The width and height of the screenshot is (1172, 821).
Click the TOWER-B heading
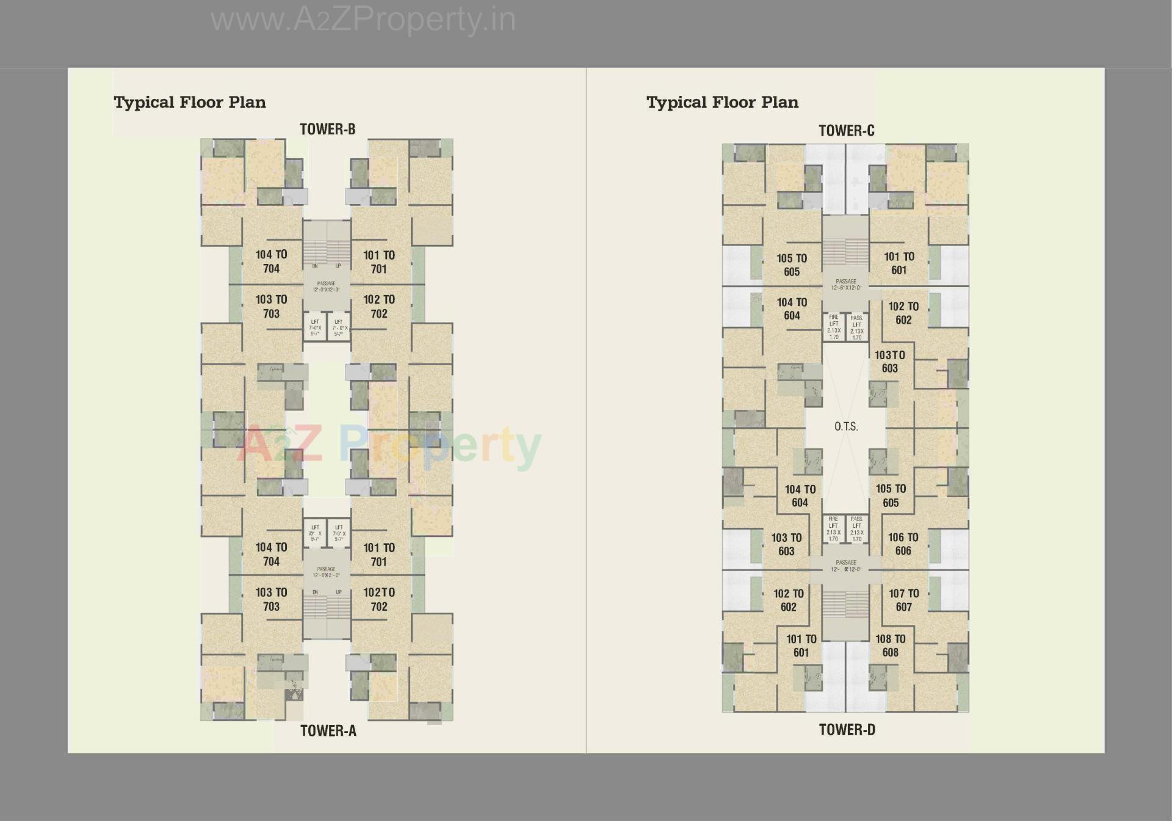[327, 129]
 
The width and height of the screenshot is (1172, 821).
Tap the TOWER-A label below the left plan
[328, 731]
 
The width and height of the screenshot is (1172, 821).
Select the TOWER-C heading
[846, 131]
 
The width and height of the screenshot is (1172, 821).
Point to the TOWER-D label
[847, 729]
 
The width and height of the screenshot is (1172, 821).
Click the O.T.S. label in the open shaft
[846, 426]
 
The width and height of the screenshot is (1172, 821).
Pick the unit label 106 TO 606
[903, 544]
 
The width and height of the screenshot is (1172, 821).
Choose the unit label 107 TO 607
[903, 600]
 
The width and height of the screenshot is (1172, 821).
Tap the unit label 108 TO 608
[890, 645]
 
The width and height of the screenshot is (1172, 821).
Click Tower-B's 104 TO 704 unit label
[271, 261]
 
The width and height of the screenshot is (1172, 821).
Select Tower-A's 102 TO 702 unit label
[378, 599]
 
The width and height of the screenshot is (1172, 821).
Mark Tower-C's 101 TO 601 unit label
[899, 263]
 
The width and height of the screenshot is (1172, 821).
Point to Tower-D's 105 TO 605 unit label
[891, 495]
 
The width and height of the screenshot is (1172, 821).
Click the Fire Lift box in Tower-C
[834, 327]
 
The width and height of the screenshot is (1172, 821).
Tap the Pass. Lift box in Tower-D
[857, 529]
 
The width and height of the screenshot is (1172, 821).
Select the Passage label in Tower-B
[327, 286]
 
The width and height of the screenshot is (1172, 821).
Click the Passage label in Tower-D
[846, 566]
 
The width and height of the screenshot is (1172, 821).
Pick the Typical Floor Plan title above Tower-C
[722, 102]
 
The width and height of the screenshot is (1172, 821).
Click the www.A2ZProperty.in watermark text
[363, 20]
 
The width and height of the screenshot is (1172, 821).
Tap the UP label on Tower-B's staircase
[338, 266]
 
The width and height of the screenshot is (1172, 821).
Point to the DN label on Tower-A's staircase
[315, 592]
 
